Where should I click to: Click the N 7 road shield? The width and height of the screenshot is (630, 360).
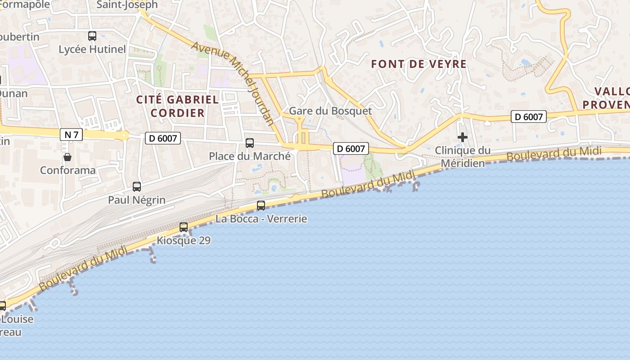(71, 134)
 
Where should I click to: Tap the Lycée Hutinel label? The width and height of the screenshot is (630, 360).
(92, 49)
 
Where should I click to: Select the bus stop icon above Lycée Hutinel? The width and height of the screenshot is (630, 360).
(92, 36)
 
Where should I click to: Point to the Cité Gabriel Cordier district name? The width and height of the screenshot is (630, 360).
(178, 106)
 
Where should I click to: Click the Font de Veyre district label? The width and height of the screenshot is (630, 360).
(418, 64)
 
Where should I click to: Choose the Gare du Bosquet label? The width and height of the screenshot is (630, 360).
(330, 111)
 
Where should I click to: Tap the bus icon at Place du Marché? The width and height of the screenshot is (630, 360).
(250, 143)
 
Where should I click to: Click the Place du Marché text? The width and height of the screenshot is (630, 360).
(250, 156)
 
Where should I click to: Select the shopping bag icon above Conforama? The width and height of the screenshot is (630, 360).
(67, 157)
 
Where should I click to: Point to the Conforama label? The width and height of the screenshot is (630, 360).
(67, 170)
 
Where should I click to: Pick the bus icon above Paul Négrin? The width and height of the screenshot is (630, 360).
(137, 186)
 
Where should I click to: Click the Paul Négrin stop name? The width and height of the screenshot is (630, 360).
(137, 200)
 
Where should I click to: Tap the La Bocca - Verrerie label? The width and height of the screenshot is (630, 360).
(261, 219)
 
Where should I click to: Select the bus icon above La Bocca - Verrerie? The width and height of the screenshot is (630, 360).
(261, 206)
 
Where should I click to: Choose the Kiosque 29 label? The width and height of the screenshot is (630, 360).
(184, 240)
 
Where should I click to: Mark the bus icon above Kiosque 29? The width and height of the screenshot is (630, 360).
(184, 227)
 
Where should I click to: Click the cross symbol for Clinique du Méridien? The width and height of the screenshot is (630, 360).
(463, 137)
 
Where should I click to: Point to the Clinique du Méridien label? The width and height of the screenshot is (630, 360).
(463, 156)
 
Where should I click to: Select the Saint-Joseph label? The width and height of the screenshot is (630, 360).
(127, 5)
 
